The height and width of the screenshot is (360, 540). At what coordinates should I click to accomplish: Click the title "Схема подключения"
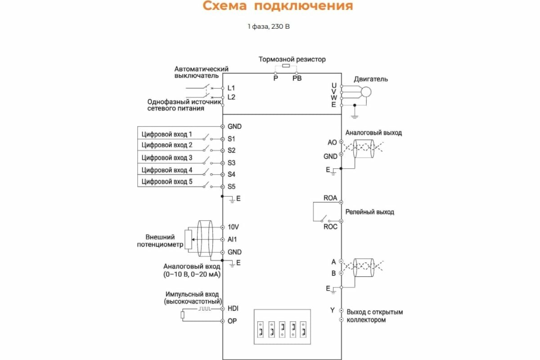pos(278,6)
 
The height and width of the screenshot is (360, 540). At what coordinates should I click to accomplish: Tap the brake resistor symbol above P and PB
pos(285,66)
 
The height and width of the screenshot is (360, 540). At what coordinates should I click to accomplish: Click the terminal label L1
pos(231,88)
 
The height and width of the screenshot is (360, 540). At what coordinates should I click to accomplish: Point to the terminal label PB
pos(297,78)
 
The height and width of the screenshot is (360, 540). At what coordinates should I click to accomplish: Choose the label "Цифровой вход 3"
pos(167,158)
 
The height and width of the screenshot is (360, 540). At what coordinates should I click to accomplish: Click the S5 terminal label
pos(232,186)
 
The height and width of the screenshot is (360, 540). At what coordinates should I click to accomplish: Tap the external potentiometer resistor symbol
pos(188,239)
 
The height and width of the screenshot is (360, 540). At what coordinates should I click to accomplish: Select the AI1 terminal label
pos(232,240)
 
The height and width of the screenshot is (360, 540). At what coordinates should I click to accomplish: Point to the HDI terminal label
pos(233,309)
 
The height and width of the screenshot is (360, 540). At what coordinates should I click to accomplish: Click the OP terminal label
pos(232,321)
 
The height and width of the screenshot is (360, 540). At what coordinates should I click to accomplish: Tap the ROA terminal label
pos(330,198)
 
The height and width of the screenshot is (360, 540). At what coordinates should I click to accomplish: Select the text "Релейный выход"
pos(369,211)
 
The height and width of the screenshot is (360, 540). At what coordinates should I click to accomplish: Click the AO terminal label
pos(332,142)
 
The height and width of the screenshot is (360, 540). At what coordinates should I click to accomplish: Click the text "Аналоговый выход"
pos(373,133)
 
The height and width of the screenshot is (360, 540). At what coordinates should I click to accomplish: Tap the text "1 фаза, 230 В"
pos(269,27)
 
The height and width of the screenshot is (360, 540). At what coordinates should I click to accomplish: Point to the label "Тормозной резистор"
pos(292,59)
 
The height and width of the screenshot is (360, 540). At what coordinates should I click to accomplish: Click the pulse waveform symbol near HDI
pos(205,309)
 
